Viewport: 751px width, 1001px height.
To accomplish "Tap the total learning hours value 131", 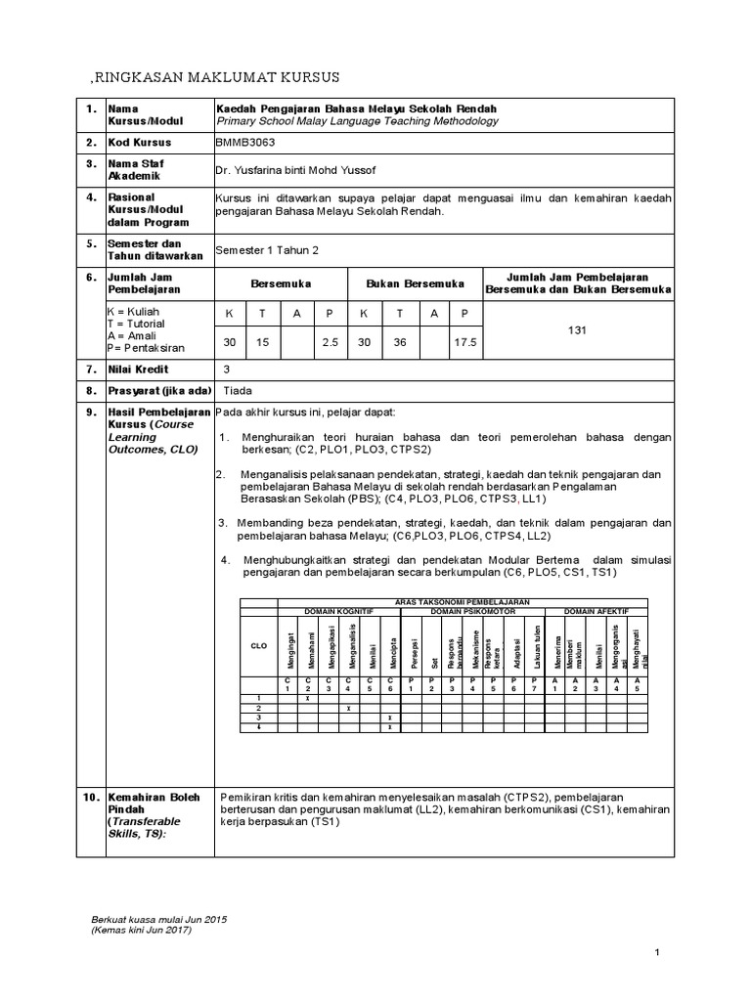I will (577, 330).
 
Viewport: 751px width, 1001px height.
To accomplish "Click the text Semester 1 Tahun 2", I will (267, 250).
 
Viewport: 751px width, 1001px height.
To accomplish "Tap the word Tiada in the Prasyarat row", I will (238, 388).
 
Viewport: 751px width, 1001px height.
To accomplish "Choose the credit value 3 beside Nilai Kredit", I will (227, 369).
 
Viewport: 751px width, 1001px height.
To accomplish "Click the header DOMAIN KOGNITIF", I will (338, 611).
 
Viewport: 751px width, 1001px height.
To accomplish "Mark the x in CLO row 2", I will (349, 707).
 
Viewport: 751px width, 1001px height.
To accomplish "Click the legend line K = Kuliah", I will (137, 311).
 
